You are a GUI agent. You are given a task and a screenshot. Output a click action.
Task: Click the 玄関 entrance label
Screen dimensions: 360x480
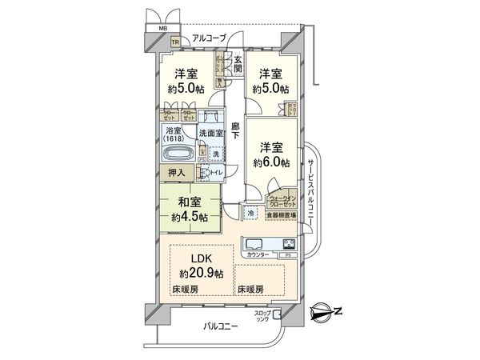(x=237, y=62)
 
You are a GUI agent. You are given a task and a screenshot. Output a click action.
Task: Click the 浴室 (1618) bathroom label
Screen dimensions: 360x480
(x=174, y=134)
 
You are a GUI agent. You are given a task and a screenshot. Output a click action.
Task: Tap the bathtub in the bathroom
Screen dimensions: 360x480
(x=177, y=154)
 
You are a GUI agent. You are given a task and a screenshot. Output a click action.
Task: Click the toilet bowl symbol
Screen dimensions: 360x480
(x=204, y=172)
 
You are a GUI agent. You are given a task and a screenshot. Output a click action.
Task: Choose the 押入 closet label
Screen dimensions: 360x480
(x=177, y=173)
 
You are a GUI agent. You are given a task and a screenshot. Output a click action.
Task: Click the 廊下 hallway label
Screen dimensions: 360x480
(x=235, y=132)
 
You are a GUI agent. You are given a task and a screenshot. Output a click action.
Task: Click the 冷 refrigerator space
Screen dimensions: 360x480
(x=251, y=214)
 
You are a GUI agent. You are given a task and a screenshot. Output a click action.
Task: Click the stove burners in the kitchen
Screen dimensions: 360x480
(x=289, y=244)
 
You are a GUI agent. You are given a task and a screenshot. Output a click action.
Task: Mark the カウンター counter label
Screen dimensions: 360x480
(x=258, y=255)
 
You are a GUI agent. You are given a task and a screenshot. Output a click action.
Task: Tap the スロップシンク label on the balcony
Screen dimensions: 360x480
(x=264, y=315)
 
